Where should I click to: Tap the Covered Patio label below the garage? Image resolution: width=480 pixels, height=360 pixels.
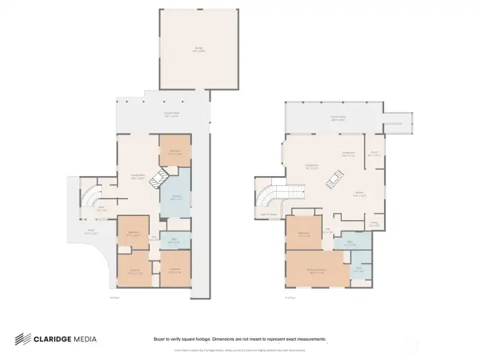(171, 114)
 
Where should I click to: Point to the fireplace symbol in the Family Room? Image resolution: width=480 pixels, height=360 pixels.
(159, 179)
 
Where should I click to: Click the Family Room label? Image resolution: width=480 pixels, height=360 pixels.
(138, 177)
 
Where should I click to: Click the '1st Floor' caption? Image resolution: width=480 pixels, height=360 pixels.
(115, 298)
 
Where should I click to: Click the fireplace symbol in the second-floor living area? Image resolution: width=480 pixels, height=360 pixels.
(337, 176)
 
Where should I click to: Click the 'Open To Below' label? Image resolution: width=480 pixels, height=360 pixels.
(269, 214)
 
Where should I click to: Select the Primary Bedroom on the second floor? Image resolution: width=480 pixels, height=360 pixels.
(316, 271)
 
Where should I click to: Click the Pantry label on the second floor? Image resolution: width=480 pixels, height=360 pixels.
(375, 223)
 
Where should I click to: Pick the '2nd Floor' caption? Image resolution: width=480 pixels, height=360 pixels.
(289, 298)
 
